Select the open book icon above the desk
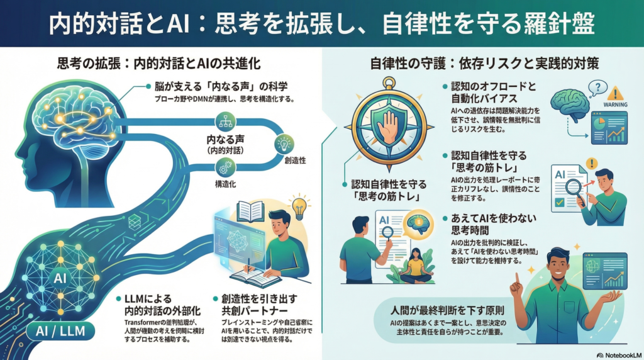tap(250, 211)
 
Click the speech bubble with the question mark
tap(599, 88)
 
